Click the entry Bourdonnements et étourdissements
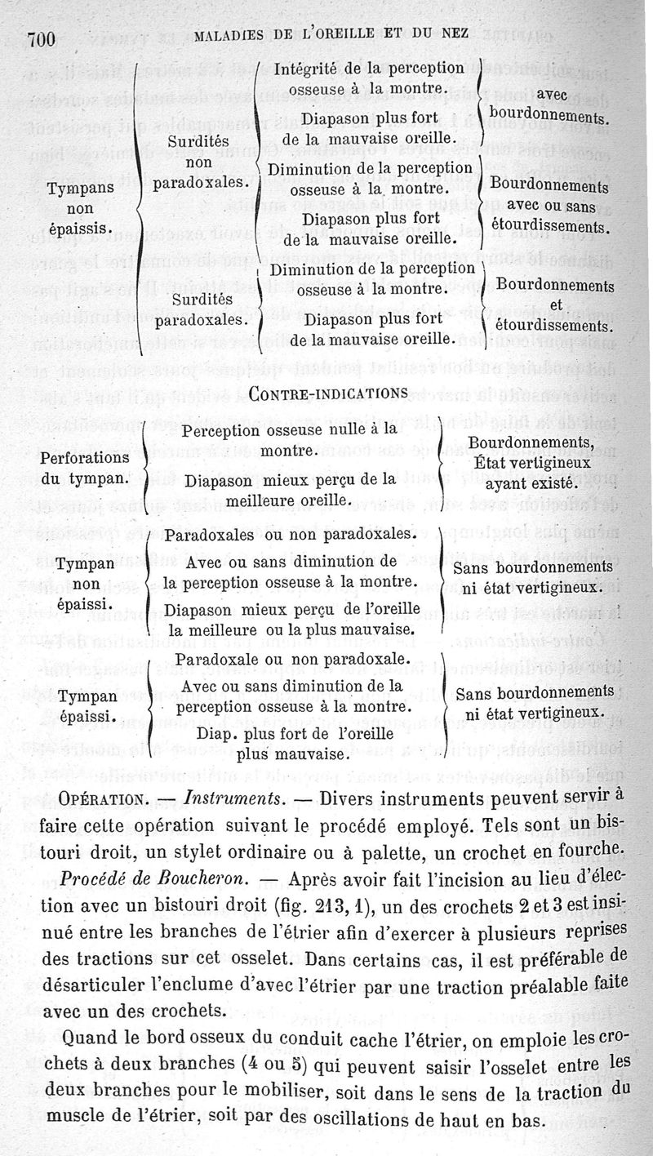554,305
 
